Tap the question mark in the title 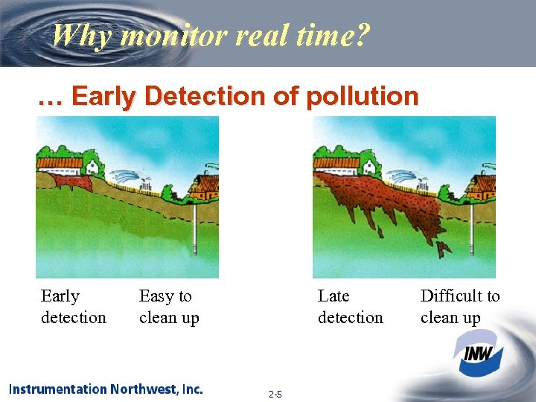(x=360, y=34)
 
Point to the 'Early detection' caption (x=73, y=307)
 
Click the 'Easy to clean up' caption (x=169, y=307)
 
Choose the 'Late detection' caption (x=350, y=307)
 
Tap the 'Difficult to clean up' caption (x=460, y=307)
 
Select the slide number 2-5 (x=275, y=394)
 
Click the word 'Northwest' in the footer (x=144, y=389)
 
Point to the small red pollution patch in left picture (x=71, y=182)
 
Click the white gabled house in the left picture (x=92, y=163)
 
